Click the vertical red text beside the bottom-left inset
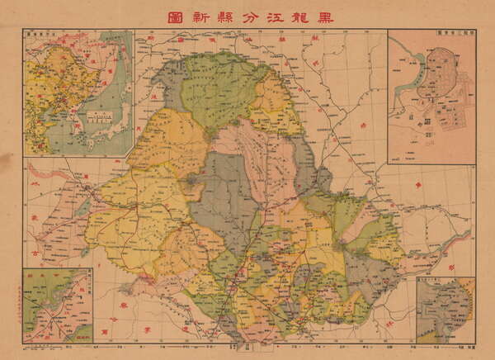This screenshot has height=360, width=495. click(x=17, y=306)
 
